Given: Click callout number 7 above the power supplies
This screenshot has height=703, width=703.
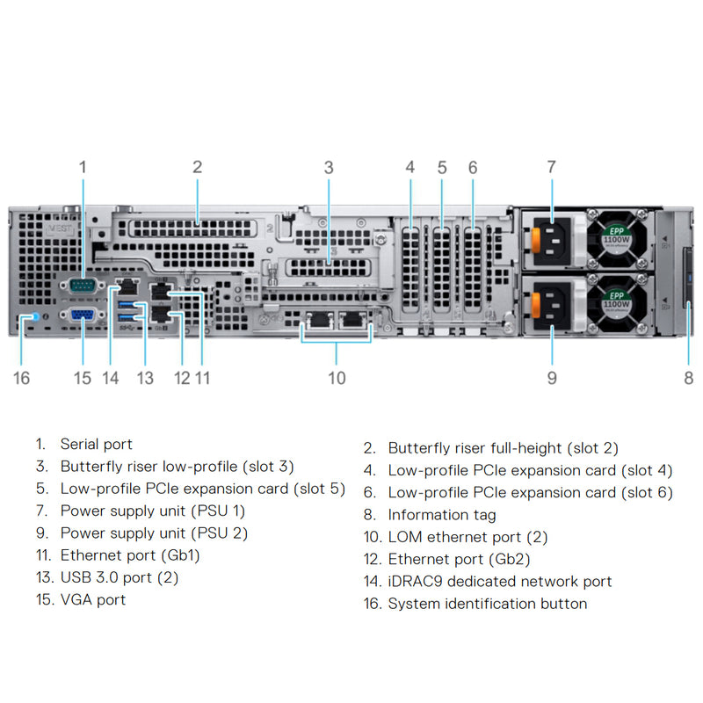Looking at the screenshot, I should tap(551, 166).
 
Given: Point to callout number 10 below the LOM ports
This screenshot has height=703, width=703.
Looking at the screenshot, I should tap(337, 378).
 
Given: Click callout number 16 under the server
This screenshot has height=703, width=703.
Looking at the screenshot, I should tap(22, 378).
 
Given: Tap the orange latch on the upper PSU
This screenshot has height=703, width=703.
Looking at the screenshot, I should tap(533, 240).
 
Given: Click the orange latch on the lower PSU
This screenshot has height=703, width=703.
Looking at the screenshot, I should tap(533, 304).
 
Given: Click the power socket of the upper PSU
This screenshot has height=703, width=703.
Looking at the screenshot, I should tap(557, 239).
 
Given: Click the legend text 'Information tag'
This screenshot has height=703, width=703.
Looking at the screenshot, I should tap(442, 515).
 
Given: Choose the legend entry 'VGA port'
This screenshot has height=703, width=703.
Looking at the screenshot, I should tap(93, 599).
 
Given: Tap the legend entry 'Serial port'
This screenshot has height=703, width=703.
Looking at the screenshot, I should tap(97, 445).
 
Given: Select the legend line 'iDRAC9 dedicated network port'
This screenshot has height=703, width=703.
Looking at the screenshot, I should tap(500, 581).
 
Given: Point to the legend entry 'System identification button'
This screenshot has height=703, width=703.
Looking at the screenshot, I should tap(488, 604).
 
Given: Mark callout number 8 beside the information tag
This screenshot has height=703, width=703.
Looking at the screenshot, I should tap(688, 378).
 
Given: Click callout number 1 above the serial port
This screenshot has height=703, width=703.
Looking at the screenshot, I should tap(83, 166).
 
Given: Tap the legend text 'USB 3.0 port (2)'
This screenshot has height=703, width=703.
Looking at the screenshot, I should tap(120, 577).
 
